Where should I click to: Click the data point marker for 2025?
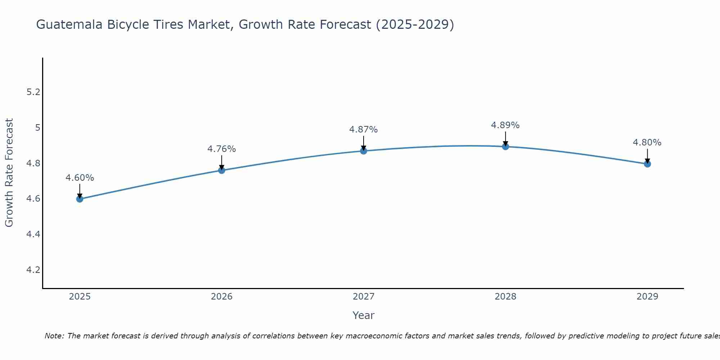click(x=80, y=199)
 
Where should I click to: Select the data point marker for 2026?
click(x=221, y=170)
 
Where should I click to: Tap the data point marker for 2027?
click(x=363, y=151)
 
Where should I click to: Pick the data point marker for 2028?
click(x=505, y=147)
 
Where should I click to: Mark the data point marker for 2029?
click(x=647, y=164)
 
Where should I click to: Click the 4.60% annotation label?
click(x=80, y=178)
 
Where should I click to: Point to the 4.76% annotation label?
click(x=221, y=149)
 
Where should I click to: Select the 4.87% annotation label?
click(x=363, y=130)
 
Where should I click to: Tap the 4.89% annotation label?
click(x=505, y=125)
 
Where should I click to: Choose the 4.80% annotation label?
click(x=647, y=143)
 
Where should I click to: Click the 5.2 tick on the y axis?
click(x=33, y=92)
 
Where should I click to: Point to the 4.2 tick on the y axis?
click(x=33, y=270)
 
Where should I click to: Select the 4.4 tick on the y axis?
click(x=33, y=234)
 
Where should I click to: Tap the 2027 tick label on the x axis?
click(x=363, y=297)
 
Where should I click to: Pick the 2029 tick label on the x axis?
click(x=647, y=297)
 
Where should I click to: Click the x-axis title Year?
click(x=363, y=315)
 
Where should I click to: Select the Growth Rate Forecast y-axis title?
click(x=9, y=173)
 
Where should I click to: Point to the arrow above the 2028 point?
click(x=505, y=138)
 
